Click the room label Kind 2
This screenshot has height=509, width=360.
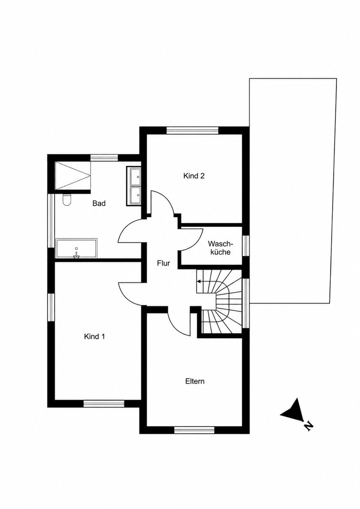coord(194,176)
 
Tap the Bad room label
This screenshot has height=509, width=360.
coord(99,204)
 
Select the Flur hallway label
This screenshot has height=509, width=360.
coord(164,263)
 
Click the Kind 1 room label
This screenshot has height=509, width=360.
coord(94,337)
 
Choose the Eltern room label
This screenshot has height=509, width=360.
coord(195,381)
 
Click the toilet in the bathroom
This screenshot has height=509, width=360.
coord(67,200)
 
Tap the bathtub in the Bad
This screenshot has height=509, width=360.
coord(76,249)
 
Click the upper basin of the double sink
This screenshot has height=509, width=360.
coord(135,177)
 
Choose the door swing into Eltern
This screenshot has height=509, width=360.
coord(178,323)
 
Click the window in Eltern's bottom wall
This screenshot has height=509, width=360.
coord(194,430)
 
